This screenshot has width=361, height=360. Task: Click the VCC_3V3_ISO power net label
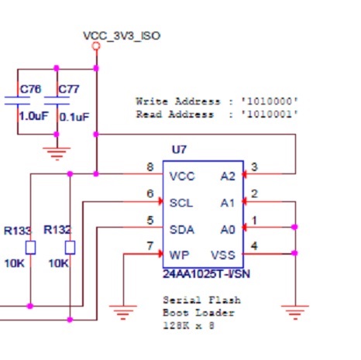coord(122,36)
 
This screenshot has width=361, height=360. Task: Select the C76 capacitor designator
coord(30,89)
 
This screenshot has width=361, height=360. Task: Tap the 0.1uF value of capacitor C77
coord(74,116)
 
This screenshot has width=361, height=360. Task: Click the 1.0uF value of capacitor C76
coord(33,116)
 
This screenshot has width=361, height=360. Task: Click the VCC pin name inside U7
coord(181,176)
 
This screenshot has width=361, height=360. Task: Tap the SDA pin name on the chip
coord(181,229)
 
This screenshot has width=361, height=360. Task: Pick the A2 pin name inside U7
coord(228,176)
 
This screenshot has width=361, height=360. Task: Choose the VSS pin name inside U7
coord(223,255)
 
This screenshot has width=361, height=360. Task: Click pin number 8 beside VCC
coord(150,167)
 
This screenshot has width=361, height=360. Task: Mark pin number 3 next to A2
coord(254,167)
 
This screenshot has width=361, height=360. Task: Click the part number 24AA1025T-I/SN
coord(205,273)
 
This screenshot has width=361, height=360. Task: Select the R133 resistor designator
coord(17,230)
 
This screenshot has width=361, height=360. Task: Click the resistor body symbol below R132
coord(70,248)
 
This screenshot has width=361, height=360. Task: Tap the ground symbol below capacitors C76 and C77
coord(56,153)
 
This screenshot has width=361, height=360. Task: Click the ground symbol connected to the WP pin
coord(122,313)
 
